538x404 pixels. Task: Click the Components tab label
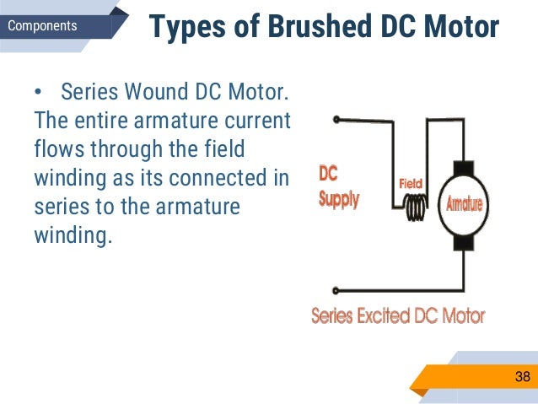[41, 26]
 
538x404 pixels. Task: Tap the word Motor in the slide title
[459, 27]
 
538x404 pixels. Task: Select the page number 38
[523, 375]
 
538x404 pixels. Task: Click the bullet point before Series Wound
[39, 91]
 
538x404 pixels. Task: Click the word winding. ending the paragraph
[73, 235]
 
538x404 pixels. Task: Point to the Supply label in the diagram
[339, 200]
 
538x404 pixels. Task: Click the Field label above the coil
[410, 182]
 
